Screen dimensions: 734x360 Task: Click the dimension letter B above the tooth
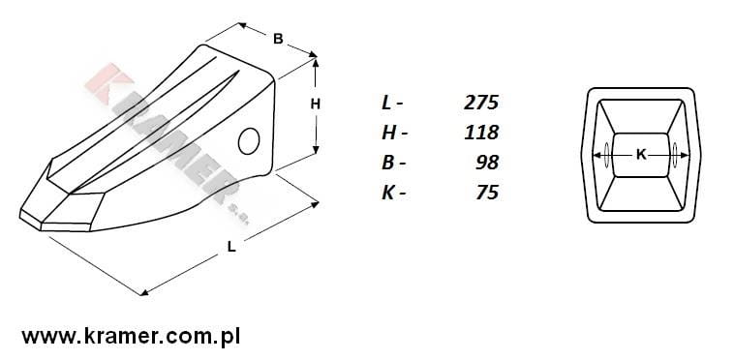(x=278, y=39)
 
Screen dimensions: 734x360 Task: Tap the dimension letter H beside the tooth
(x=316, y=105)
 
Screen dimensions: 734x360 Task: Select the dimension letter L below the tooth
(x=231, y=247)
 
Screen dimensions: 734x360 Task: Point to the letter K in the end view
(x=641, y=155)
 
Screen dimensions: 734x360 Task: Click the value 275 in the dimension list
(x=481, y=103)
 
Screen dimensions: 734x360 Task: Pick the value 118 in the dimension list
(x=481, y=133)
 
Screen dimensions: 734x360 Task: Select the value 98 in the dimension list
(x=487, y=163)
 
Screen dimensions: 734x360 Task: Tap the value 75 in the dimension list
(x=487, y=193)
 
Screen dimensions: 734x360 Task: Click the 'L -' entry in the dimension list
(x=392, y=103)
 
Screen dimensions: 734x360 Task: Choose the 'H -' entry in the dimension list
(x=394, y=133)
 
